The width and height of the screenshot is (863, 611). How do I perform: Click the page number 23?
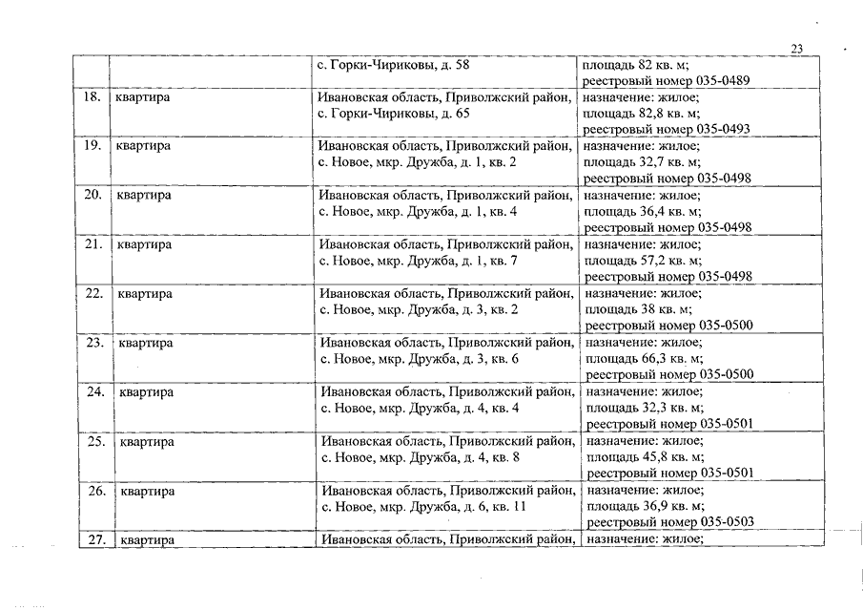point(798,50)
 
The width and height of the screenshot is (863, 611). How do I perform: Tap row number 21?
point(92,244)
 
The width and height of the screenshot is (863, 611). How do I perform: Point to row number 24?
point(94,392)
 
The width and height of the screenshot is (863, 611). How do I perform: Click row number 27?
point(93,540)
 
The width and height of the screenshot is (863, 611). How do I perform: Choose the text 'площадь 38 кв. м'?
point(637,309)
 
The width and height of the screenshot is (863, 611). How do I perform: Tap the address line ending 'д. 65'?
point(393,114)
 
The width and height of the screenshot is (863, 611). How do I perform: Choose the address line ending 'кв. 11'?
point(423,507)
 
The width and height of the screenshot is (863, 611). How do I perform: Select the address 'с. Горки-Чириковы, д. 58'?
point(393,65)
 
